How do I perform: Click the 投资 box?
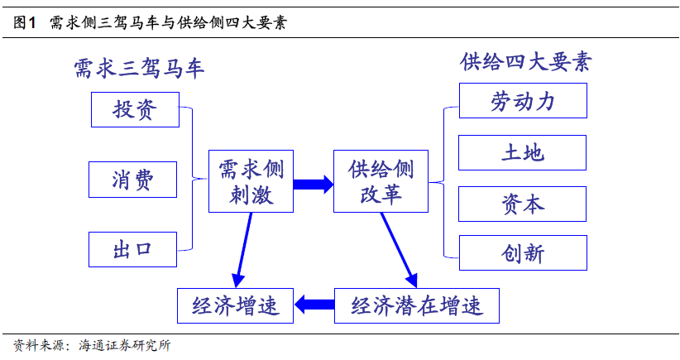coord(134,110)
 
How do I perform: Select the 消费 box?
coord(134,179)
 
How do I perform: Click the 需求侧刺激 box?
coord(250,181)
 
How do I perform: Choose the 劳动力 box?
coord(522,100)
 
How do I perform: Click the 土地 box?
coord(522,152)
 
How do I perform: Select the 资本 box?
coord(522,204)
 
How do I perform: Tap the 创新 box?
coord(522,253)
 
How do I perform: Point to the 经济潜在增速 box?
coord(417,305)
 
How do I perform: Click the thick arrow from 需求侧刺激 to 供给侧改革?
coord(313,182)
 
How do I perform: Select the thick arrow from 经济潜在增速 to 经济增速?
coord(314,305)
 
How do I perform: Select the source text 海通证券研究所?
coord(124,345)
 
